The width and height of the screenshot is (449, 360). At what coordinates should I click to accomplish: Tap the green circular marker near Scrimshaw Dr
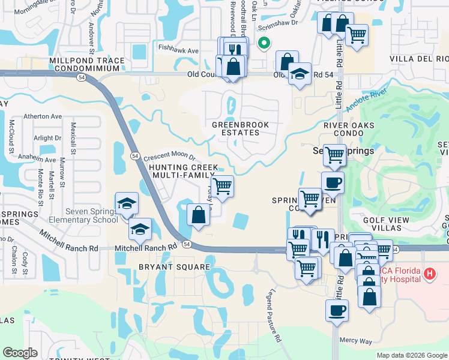263,43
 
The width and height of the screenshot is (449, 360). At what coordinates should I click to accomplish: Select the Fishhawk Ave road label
178,51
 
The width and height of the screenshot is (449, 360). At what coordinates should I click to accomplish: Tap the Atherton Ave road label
43,116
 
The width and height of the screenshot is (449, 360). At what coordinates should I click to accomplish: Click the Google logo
20,353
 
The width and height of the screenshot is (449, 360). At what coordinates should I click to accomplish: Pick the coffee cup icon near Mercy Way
336,311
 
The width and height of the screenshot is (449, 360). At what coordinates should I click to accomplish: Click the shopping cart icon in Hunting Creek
223,186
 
